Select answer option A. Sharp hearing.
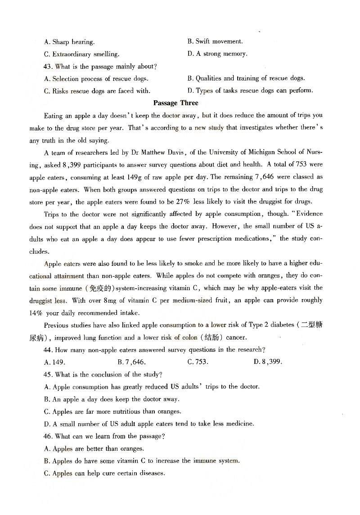click(69, 42)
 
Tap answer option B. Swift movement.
click(215, 41)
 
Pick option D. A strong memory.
click(217, 54)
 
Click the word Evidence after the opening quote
click(309, 214)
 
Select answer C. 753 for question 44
click(198, 362)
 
